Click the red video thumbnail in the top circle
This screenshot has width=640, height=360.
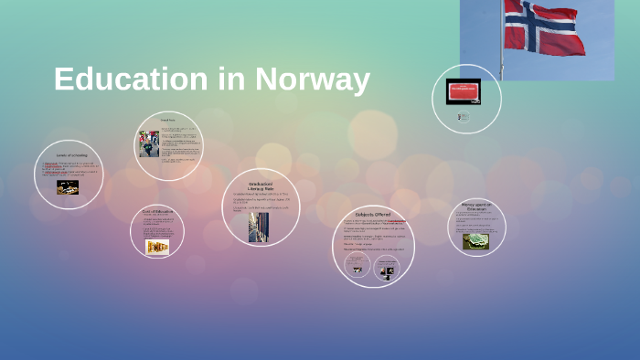pos(463,91)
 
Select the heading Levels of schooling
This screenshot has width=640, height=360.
pos(70,156)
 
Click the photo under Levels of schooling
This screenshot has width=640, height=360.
pos(67,186)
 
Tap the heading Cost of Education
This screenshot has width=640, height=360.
pos(157,211)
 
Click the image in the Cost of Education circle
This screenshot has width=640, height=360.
pos(157,247)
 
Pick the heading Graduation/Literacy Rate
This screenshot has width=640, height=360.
pos(261,185)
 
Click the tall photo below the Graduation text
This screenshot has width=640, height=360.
pos(259,228)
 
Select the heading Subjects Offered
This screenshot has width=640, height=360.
pos(373,214)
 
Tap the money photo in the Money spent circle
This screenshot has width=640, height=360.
pos(475,241)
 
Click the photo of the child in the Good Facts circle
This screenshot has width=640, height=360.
pos(149,144)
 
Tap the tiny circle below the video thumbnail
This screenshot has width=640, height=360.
pos(464,117)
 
